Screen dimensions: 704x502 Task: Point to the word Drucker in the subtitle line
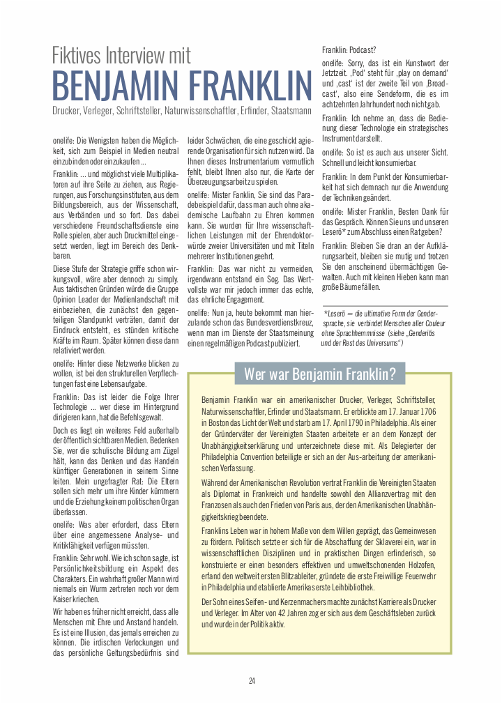point(66,111)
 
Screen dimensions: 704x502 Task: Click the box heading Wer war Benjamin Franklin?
point(320,374)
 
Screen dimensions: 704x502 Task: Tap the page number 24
point(252,681)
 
